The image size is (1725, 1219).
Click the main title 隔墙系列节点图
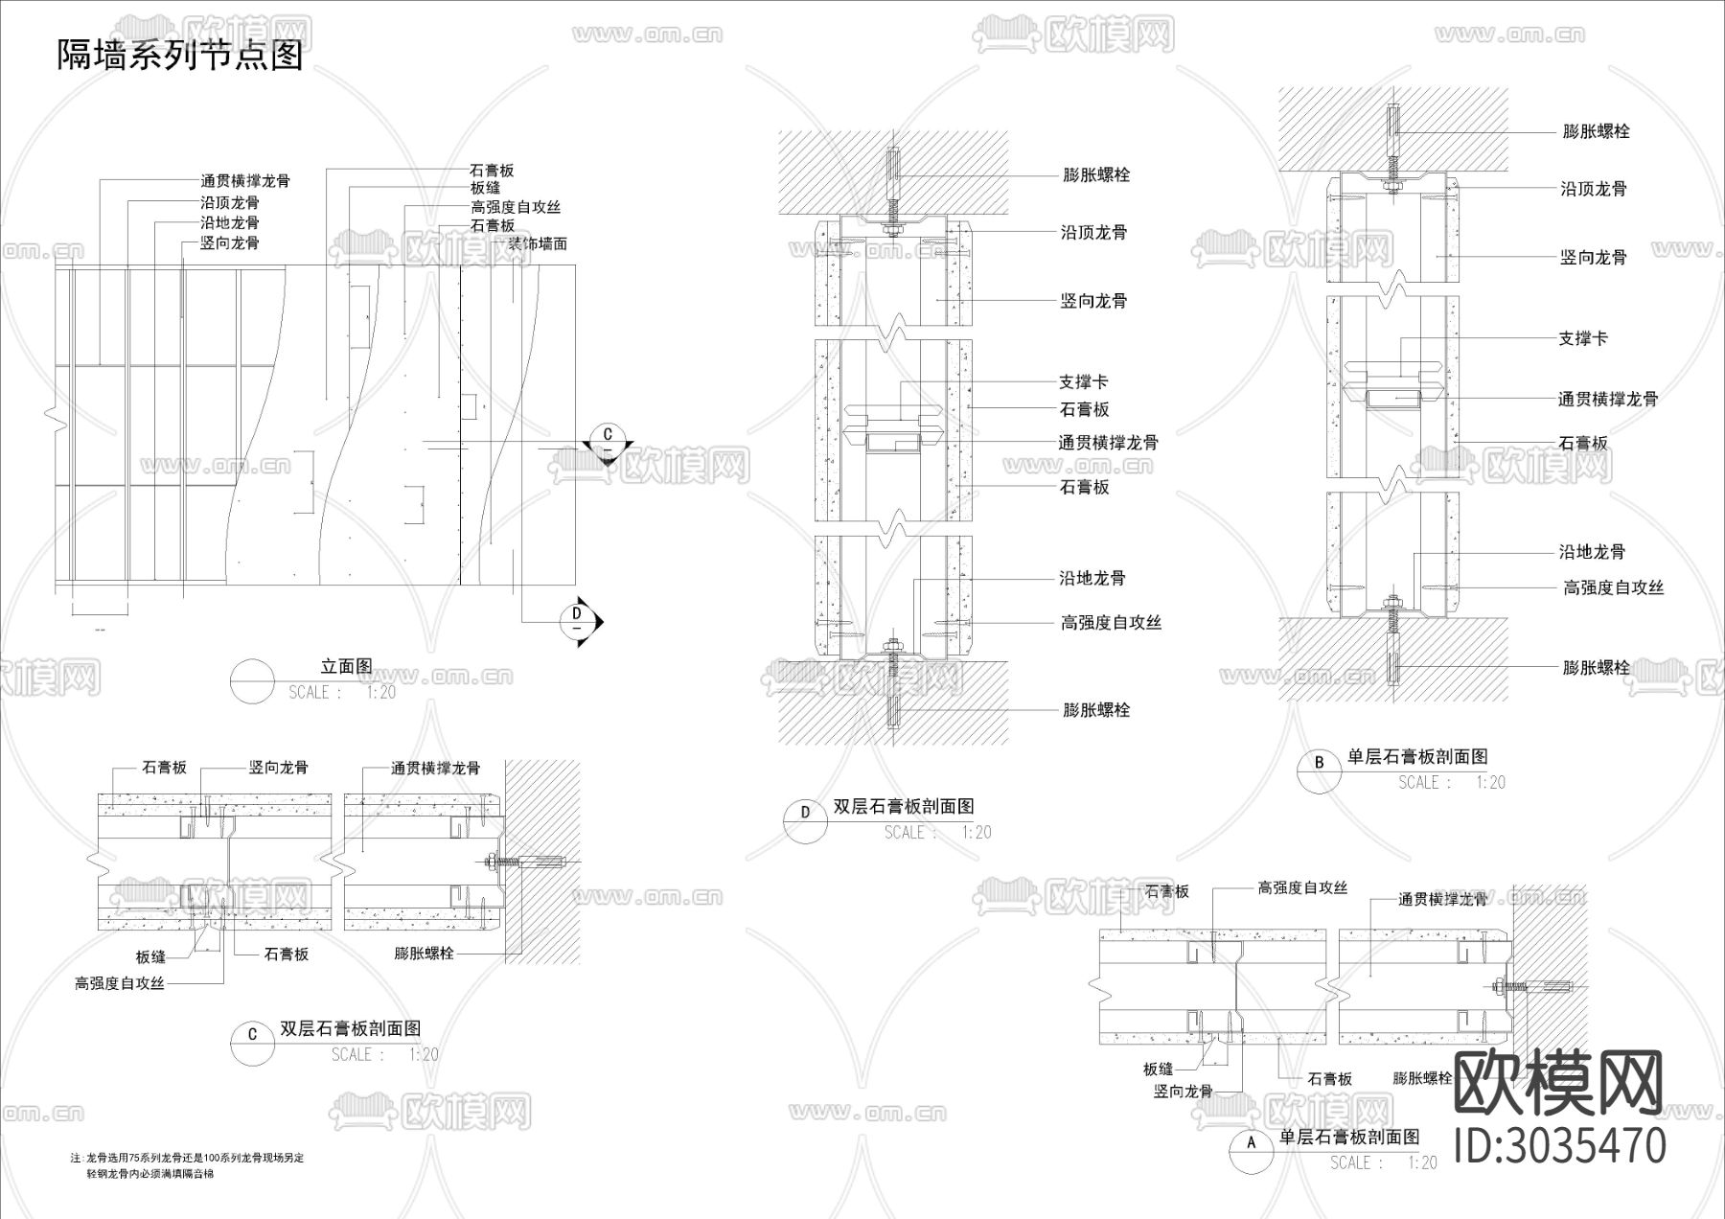[180, 55]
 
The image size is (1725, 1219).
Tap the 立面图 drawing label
[346, 667]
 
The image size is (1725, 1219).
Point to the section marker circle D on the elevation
[577, 613]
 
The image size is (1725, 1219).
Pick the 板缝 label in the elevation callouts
[485, 188]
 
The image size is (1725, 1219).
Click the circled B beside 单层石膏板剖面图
[1320, 763]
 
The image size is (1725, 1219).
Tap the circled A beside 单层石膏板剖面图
[1250, 1143]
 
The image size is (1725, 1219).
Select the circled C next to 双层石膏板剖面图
[253, 1034]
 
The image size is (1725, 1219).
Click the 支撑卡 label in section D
[1083, 382]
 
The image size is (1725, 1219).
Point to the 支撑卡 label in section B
[1583, 338]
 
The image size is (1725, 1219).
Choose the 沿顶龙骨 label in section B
[1594, 189]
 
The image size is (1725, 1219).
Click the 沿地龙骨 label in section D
[1092, 578]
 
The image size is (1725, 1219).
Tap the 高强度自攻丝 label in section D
[1111, 623]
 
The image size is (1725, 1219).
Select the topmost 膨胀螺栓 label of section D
[1096, 175]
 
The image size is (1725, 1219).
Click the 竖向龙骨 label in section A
[1184, 1091]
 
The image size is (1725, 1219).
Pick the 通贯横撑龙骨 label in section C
[435, 768]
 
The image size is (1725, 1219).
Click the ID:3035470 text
[1560, 1145]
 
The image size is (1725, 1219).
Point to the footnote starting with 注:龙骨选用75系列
[188, 1158]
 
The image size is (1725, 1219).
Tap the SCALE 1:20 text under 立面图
[342, 692]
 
